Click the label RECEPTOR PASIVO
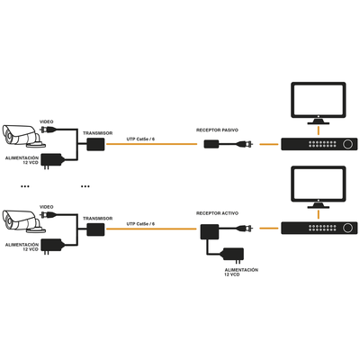point(219,130)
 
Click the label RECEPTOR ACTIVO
point(218,213)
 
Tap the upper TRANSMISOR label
point(96,132)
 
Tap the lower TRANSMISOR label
point(96,217)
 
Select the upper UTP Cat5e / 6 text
point(140,139)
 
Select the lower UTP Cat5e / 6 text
point(140,223)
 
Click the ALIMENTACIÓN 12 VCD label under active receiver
point(241,271)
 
